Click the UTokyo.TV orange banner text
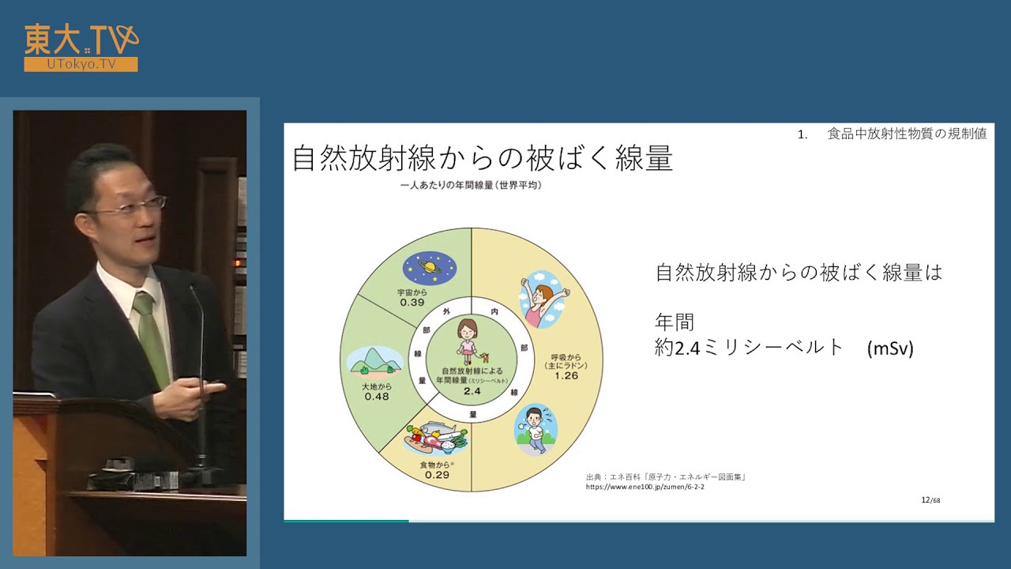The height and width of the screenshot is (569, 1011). pyautogui.click(x=81, y=64)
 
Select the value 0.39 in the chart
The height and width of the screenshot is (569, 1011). pyautogui.click(x=412, y=303)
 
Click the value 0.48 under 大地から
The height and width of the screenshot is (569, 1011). pyautogui.click(x=377, y=397)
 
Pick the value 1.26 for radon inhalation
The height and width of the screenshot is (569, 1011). pyautogui.click(x=566, y=376)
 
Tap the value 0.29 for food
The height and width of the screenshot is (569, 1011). pyautogui.click(x=436, y=476)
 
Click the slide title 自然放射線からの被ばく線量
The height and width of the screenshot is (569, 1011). pyautogui.click(x=482, y=159)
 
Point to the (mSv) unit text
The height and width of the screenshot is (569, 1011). pyautogui.click(x=890, y=349)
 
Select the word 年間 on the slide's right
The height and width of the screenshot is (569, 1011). pyautogui.click(x=675, y=322)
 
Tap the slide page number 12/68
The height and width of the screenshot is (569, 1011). pyautogui.click(x=931, y=500)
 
